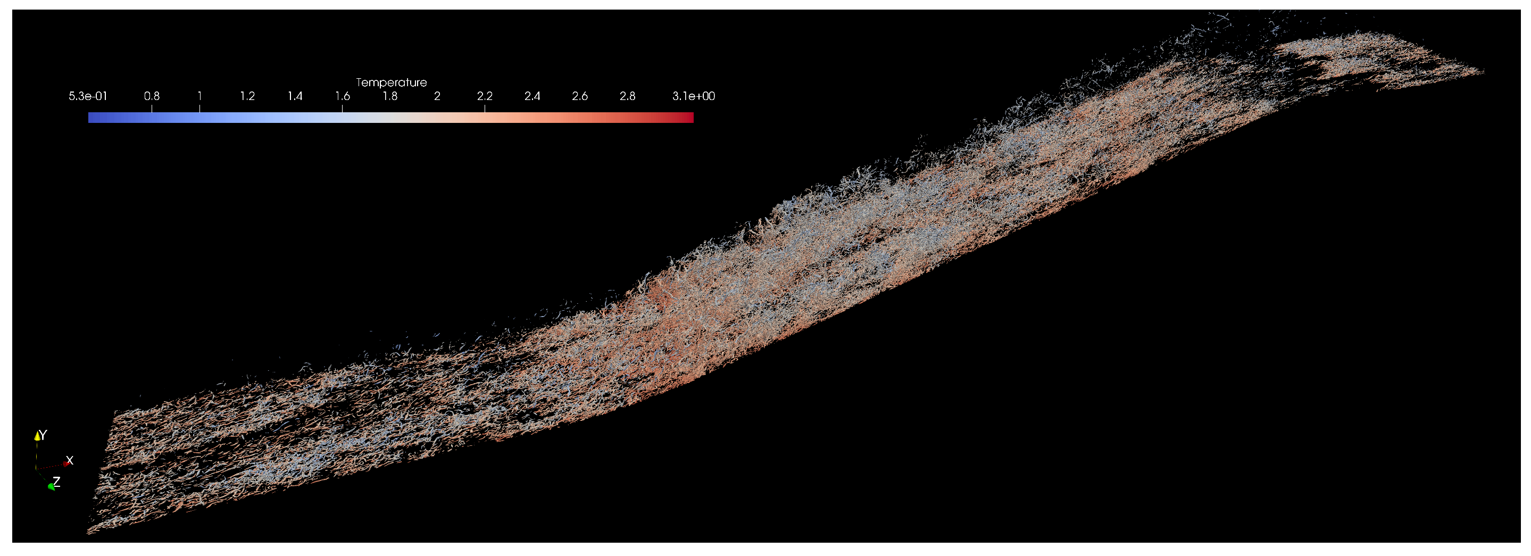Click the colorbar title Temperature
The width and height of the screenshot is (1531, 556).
pyautogui.click(x=391, y=82)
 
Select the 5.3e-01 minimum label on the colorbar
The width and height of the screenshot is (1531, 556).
pyautogui.click(x=88, y=96)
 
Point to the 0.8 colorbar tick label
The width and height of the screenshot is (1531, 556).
pyautogui.click(x=152, y=96)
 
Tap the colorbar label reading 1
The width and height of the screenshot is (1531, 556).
pyautogui.click(x=199, y=96)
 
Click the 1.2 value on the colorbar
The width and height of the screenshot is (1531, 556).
pyautogui.click(x=247, y=96)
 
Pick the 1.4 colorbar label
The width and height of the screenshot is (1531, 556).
pyautogui.click(x=295, y=96)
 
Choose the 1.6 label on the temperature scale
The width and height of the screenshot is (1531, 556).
pyautogui.click(x=343, y=96)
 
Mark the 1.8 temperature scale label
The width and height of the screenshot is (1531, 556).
pyautogui.click(x=390, y=96)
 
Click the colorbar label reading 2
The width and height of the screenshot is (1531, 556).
pyautogui.click(x=437, y=96)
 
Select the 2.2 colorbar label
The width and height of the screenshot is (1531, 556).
pyautogui.click(x=485, y=96)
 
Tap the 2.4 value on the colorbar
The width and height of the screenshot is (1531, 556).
pyautogui.click(x=532, y=96)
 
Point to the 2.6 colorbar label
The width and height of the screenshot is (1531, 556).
pyautogui.click(x=579, y=96)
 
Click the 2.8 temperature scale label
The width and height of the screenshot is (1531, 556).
pyautogui.click(x=628, y=96)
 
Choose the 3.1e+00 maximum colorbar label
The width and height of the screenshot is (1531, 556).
pyautogui.click(x=694, y=96)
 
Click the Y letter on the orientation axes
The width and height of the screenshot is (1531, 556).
pyautogui.click(x=43, y=435)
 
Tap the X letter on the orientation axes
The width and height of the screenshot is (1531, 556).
pyautogui.click(x=70, y=460)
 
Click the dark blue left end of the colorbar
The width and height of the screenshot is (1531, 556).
pyautogui.click(x=91, y=118)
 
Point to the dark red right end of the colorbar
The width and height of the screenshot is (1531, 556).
pyautogui.click(x=690, y=118)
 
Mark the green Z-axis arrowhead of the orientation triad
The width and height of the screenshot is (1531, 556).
pyautogui.click(x=51, y=487)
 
